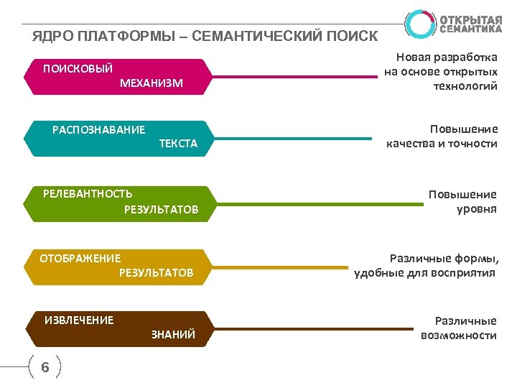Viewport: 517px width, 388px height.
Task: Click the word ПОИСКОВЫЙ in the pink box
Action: click(78, 69)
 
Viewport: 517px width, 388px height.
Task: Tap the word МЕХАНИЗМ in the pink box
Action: click(152, 83)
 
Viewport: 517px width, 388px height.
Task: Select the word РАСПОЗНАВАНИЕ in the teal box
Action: click(98, 130)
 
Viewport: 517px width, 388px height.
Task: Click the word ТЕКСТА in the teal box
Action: click(177, 144)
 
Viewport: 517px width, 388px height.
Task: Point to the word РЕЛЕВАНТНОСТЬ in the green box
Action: click(88, 193)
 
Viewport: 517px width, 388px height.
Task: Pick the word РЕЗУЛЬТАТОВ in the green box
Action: click(161, 210)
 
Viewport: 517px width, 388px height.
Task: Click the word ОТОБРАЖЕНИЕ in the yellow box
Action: click(80, 258)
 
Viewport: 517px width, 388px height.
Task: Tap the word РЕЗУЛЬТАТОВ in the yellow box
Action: click(156, 273)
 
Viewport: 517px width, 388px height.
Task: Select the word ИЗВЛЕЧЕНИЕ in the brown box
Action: click(79, 320)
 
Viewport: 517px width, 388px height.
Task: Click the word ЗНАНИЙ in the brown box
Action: click(173, 336)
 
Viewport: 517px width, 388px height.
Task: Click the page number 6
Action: click(45, 368)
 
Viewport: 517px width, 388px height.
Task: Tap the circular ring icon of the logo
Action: click(419, 24)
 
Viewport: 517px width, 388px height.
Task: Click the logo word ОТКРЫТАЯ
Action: click(470, 19)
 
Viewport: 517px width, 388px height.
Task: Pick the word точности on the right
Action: click(472, 144)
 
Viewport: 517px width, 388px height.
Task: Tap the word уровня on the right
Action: click(477, 209)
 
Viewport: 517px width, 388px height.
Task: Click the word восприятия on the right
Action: click(464, 273)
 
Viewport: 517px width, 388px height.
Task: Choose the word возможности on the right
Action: click(459, 336)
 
